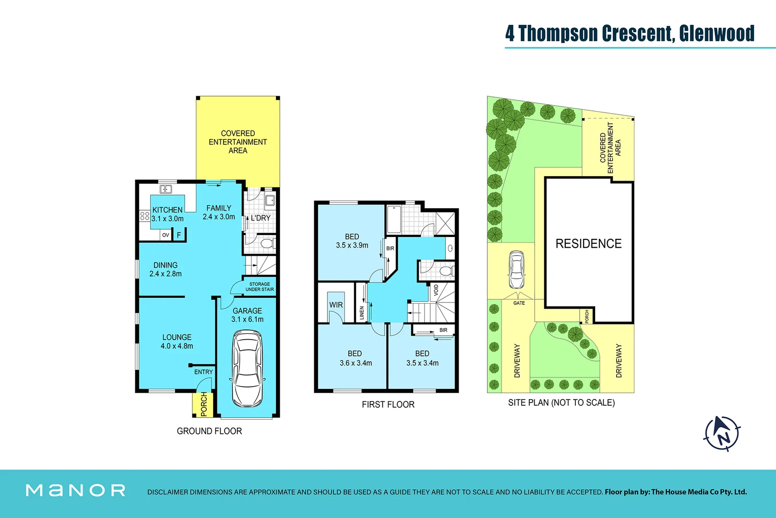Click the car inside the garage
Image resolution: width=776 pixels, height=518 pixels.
247,368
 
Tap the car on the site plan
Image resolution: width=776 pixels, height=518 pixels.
516,270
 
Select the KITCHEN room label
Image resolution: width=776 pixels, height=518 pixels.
167,210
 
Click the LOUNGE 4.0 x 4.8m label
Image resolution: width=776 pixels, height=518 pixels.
177,341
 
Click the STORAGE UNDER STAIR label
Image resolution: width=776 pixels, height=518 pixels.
260,287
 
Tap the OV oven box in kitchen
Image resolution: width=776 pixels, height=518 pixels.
166,235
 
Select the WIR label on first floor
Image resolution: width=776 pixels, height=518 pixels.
336,305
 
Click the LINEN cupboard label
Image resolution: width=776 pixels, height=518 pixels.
362,313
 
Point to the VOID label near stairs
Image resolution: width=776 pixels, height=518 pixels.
436,290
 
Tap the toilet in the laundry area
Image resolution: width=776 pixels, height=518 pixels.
267,244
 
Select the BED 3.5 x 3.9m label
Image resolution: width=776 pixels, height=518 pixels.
352,241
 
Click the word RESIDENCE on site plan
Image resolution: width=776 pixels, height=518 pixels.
588,244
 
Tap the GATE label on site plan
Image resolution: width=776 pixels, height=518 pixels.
519,303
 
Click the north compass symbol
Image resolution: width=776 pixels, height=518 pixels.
722,433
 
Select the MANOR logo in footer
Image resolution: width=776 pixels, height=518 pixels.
75,490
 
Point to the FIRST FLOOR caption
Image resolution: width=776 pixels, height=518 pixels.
388,404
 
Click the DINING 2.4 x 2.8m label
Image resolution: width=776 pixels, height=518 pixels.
166,269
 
